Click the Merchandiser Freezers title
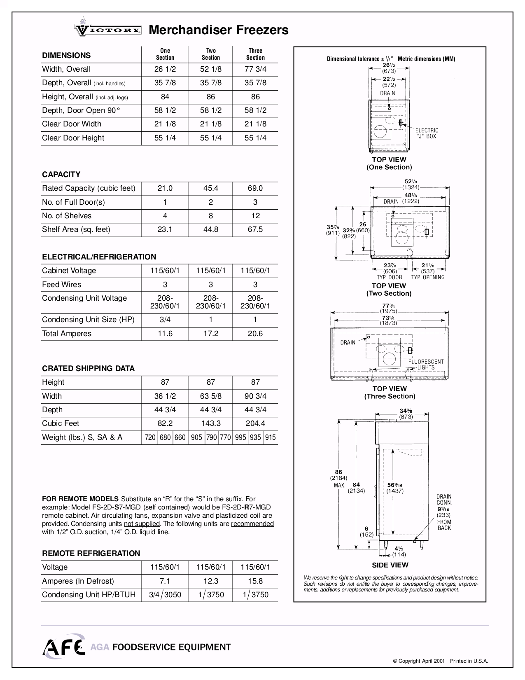click(218, 30)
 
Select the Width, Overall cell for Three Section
click(255, 69)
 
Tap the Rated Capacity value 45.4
click(210, 188)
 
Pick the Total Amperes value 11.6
click(165, 334)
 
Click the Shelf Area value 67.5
click(255, 229)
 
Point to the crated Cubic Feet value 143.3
click(210, 423)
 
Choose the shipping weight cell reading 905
click(196, 437)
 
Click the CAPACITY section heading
click(61, 174)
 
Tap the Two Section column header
click(210, 54)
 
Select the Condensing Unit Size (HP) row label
click(88, 320)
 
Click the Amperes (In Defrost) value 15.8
click(255, 581)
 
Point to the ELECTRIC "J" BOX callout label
click(427, 133)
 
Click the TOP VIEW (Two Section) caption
click(389, 290)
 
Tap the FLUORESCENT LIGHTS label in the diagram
click(426, 365)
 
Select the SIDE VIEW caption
click(390, 565)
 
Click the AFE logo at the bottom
click(63, 646)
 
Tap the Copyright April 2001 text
click(419, 661)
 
